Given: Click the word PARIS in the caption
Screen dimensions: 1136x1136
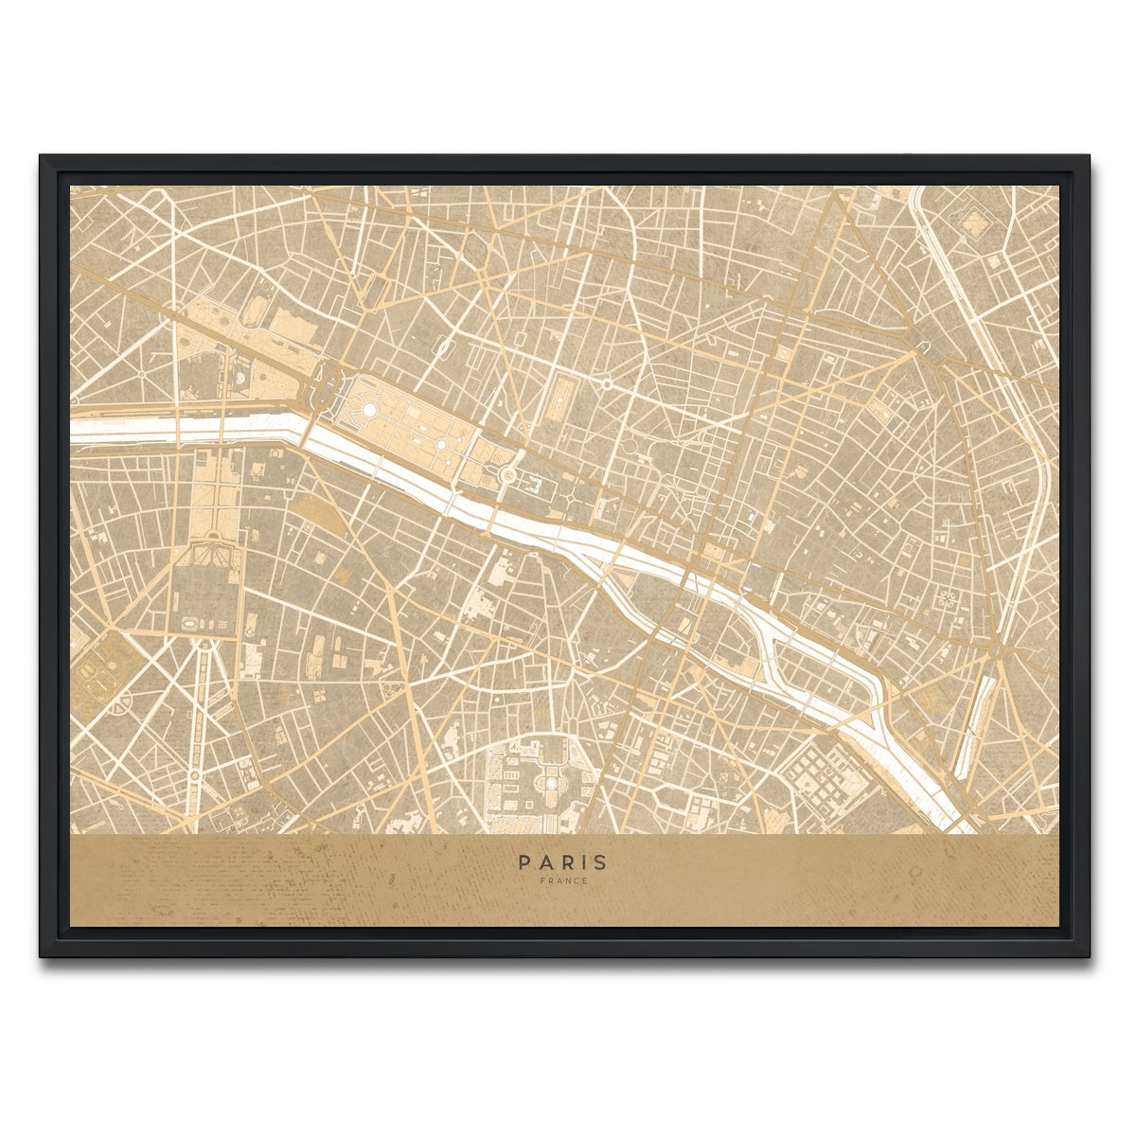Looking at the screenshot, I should pyautogui.click(x=563, y=862).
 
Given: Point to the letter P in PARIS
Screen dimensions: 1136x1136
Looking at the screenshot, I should pyautogui.click(x=524, y=862).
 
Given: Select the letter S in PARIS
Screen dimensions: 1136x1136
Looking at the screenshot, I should pyautogui.click(x=602, y=862).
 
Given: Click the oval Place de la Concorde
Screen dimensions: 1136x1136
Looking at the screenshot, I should pyautogui.click(x=328, y=387).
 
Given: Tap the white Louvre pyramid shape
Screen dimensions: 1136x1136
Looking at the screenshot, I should pyautogui.click(x=508, y=474).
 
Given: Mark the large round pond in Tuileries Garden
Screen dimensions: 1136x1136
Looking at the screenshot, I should pyautogui.click(x=369, y=409).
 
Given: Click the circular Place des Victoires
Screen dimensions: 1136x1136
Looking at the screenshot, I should pyautogui.click(x=605, y=384).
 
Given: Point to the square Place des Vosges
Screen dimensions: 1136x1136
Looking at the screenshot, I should pyautogui.click(x=947, y=598).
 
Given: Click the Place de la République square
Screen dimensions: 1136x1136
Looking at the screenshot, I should pyautogui.click(x=923, y=349).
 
